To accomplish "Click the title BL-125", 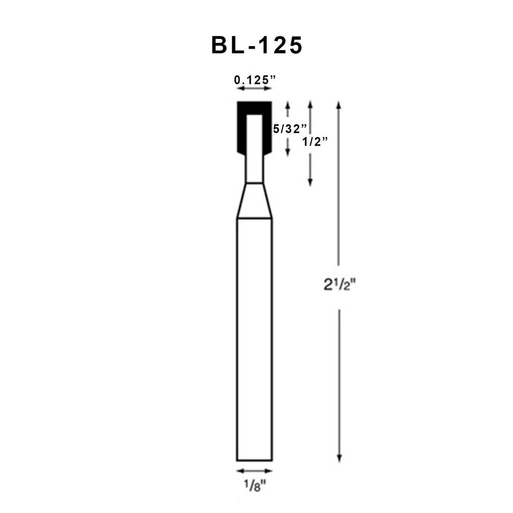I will (256, 45).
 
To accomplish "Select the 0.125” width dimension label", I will (255, 80).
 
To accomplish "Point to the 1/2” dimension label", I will (315, 142).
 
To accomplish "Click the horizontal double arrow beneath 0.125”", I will (254, 89).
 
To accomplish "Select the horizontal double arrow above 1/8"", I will (254, 471).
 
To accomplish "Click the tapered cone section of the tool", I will (254, 201).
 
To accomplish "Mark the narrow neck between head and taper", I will (254, 169).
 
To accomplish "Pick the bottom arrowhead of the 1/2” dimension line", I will (310, 183).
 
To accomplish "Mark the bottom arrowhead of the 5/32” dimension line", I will (288, 153).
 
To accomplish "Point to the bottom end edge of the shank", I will (254, 461).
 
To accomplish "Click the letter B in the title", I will (220, 45).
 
